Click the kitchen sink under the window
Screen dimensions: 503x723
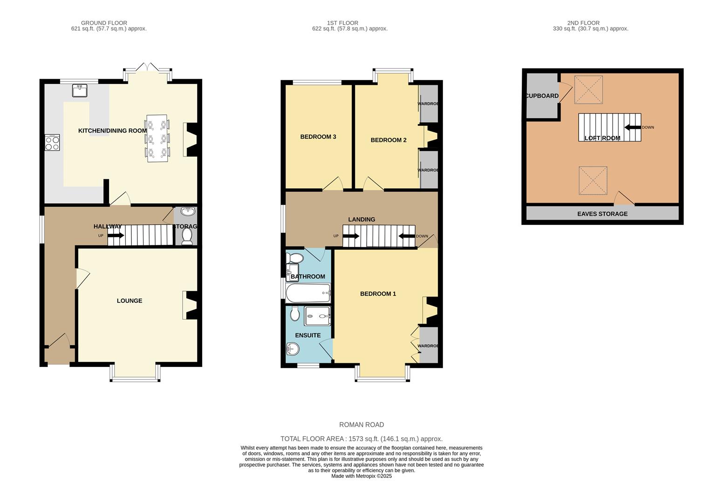tap(80, 90)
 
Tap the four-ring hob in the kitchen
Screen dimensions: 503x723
tap(52, 142)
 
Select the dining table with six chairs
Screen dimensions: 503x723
tap(157, 138)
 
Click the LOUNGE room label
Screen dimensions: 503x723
tap(130, 301)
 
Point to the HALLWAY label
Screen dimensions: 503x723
tap(108, 226)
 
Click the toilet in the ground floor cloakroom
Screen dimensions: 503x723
tap(187, 236)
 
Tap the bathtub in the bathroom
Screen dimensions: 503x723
tap(308, 293)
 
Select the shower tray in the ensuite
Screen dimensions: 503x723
tap(318, 316)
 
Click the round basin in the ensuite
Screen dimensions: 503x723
tap(293, 348)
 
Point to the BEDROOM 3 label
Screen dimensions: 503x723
tap(318, 137)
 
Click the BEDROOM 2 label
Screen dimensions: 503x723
tap(389, 140)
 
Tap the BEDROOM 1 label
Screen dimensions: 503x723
tap(378, 294)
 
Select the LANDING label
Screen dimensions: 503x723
tap(361, 219)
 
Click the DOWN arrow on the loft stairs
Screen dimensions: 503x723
tap(632, 127)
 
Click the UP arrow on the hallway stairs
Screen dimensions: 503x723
tap(116, 236)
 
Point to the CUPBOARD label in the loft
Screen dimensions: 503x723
tap(542, 96)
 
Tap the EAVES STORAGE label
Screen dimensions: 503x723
tap(602, 214)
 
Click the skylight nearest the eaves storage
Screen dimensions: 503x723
tap(593, 181)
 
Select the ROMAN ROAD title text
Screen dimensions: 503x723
tap(361, 425)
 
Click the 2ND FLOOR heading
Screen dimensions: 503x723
tap(583, 23)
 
